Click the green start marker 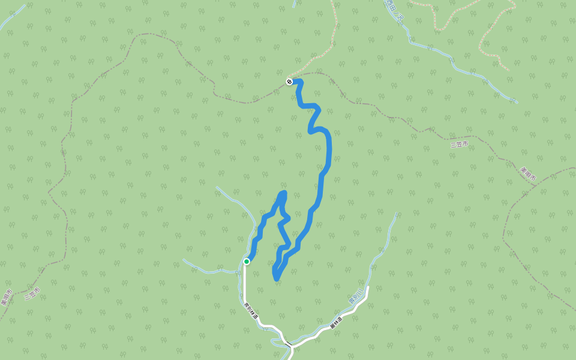(247, 261)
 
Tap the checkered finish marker (289, 81)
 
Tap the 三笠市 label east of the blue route (459, 144)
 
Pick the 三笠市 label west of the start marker (32, 293)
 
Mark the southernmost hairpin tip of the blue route (276, 278)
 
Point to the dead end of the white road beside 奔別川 (367, 287)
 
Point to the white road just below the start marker (245, 282)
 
